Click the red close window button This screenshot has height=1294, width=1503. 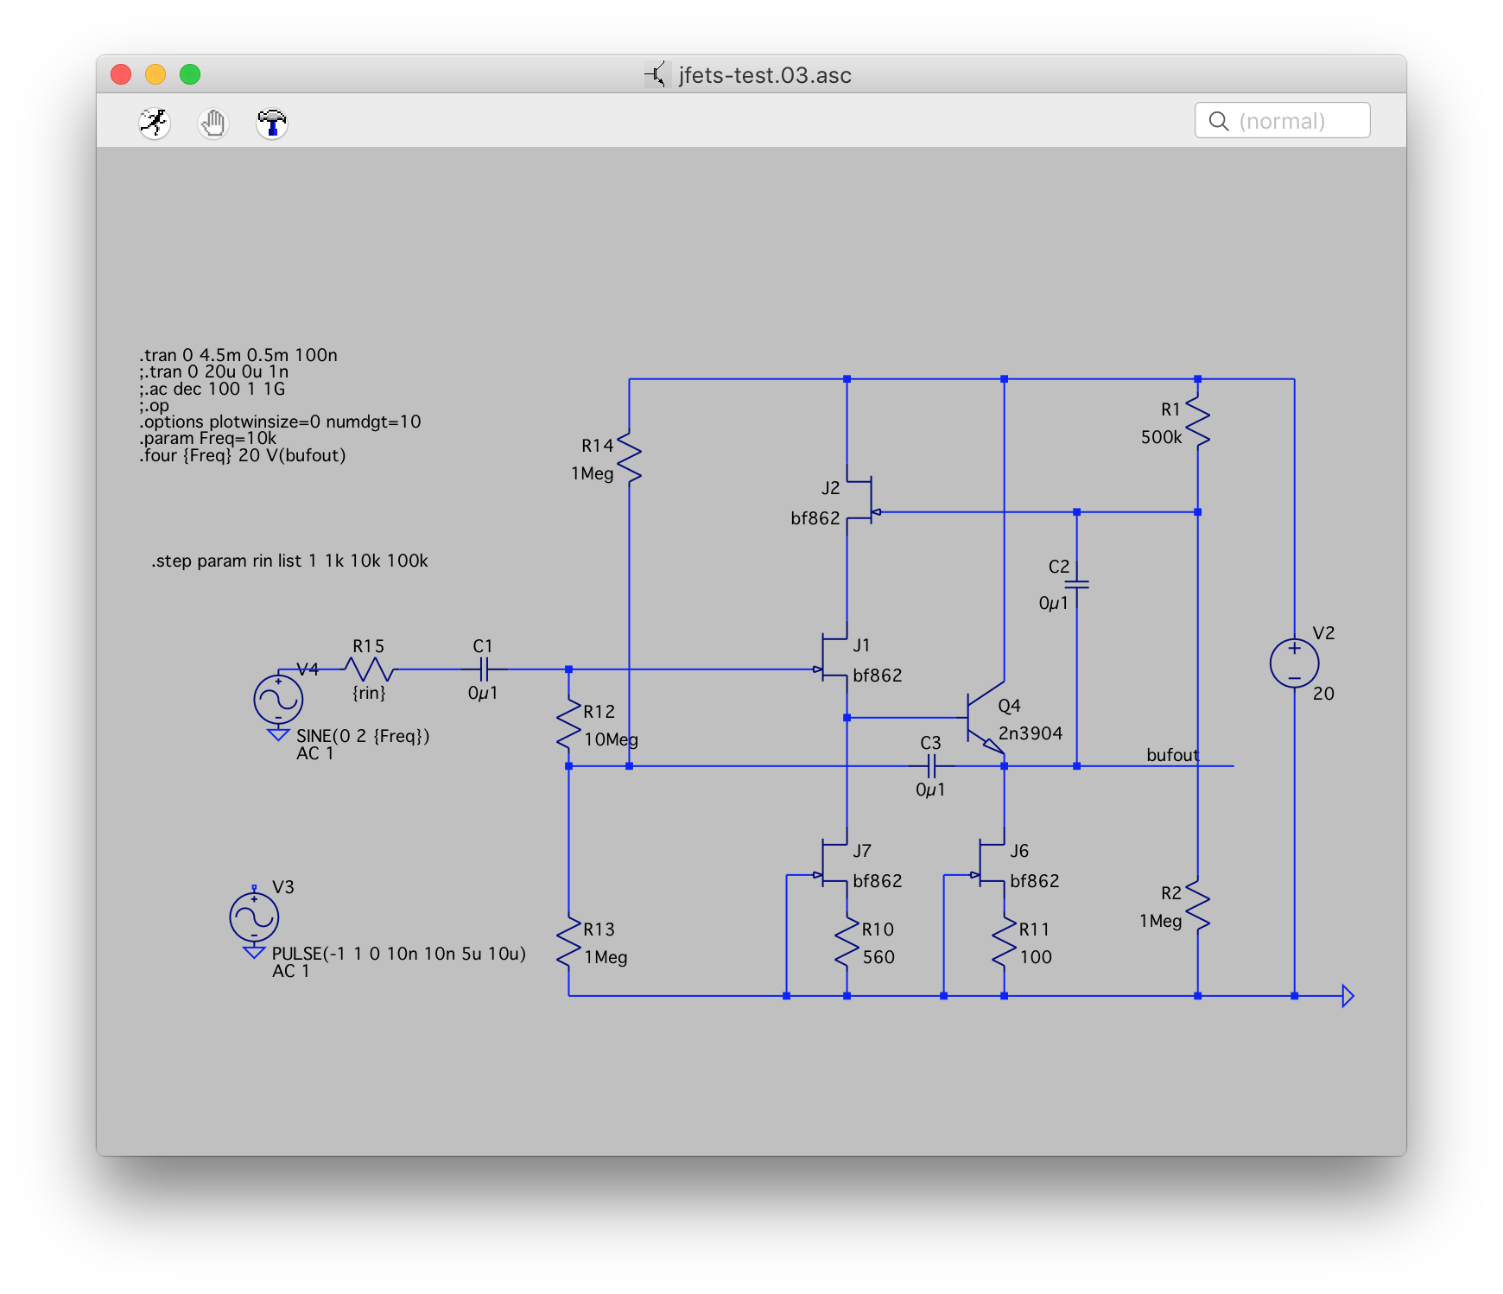click(121, 75)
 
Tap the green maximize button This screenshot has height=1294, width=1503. click(190, 75)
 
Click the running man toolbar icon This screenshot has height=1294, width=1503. click(155, 123)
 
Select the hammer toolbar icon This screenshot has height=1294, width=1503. click(272, 123)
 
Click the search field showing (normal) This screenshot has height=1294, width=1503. click(1282, 121)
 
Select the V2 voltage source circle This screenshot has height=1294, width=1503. click(1294, 663)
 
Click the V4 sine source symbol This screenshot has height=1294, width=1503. click(278, 700)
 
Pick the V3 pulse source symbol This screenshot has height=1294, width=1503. click(254, 917)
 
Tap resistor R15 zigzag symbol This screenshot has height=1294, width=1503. click(369, 669)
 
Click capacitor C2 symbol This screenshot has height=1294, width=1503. click(1076, 585)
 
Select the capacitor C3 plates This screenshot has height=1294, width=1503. click(931, 766)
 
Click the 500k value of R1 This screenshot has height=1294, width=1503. click(1161, 437)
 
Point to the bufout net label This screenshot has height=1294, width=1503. click(1172, 755)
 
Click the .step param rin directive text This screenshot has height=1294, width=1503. click(289, 561)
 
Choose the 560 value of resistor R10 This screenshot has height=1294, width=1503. click(878, 957)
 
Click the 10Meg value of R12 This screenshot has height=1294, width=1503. click(611, 739)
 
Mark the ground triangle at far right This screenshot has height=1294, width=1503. click(1347, 996)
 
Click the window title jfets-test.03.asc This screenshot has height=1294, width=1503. click(764, 75)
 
